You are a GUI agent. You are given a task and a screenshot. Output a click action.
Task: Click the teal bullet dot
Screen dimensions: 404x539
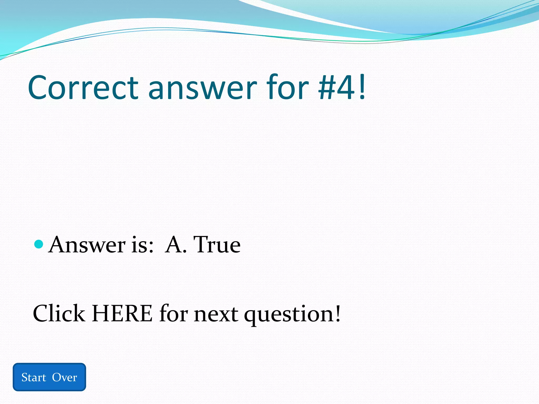[x=39, y=244]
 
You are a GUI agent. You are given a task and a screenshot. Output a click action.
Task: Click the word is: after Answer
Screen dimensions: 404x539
[x=142, y=245]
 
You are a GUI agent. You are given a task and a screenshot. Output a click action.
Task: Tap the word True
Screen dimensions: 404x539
[x=217, y=245]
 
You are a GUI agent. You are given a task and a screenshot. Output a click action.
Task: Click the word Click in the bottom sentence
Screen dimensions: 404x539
[x=59, y=313]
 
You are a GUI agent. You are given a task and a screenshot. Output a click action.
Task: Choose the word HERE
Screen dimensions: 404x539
[x=122, y=313]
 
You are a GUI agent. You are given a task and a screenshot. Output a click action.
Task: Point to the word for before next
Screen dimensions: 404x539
[x=174, y=313]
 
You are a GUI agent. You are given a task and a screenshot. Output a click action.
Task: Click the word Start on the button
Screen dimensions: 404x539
[x=34, y=377]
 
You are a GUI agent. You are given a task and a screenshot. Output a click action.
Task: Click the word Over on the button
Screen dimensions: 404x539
[x=64, y=377]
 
